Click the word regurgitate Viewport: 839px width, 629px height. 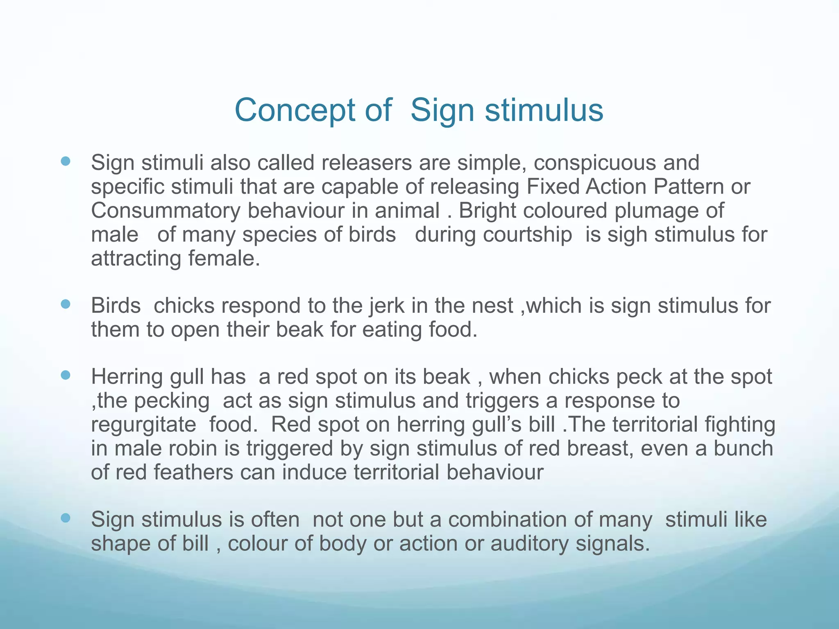click(143, 425)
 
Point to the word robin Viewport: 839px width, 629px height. click(192, 448)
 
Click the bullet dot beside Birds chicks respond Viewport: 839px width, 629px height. click(65, 304)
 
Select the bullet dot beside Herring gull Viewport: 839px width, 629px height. click(65, 375)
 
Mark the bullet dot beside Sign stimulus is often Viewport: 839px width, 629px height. click(65, 518)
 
